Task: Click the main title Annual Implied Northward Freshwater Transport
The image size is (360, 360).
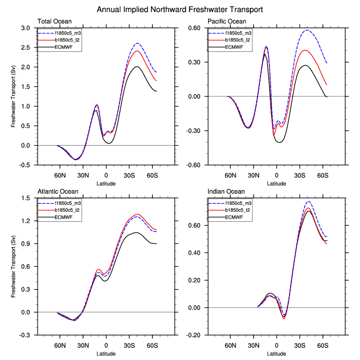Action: [180, 10]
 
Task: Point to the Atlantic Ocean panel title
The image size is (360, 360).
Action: [58, 192]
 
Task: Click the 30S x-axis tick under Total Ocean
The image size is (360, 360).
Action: [129, 174]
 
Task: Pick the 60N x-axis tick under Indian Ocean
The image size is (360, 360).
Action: [230, 345]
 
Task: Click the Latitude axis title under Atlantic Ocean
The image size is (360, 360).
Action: [106, 353]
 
